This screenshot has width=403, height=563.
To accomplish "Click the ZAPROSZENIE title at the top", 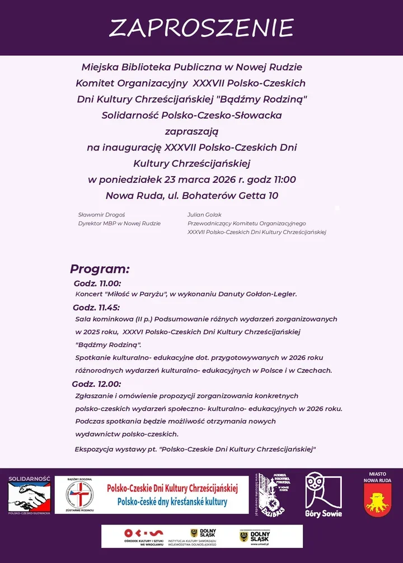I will click(x=201, y=28).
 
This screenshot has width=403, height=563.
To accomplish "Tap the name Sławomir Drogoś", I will click(x=101, y=215).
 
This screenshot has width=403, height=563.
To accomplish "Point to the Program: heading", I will click(x=100, y=268).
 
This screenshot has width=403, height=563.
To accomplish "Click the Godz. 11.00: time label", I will click(x=97, y=283).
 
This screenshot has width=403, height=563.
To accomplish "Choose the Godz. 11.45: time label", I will click(x=96, y=307).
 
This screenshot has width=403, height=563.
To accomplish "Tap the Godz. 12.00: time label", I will click(x=96, y=384).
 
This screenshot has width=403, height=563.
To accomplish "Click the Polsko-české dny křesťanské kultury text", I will click(x=172, y=502).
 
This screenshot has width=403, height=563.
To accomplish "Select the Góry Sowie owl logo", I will click(x=324, y=495).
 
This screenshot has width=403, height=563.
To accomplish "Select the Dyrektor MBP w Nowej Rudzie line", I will click(x=119, y=223).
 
